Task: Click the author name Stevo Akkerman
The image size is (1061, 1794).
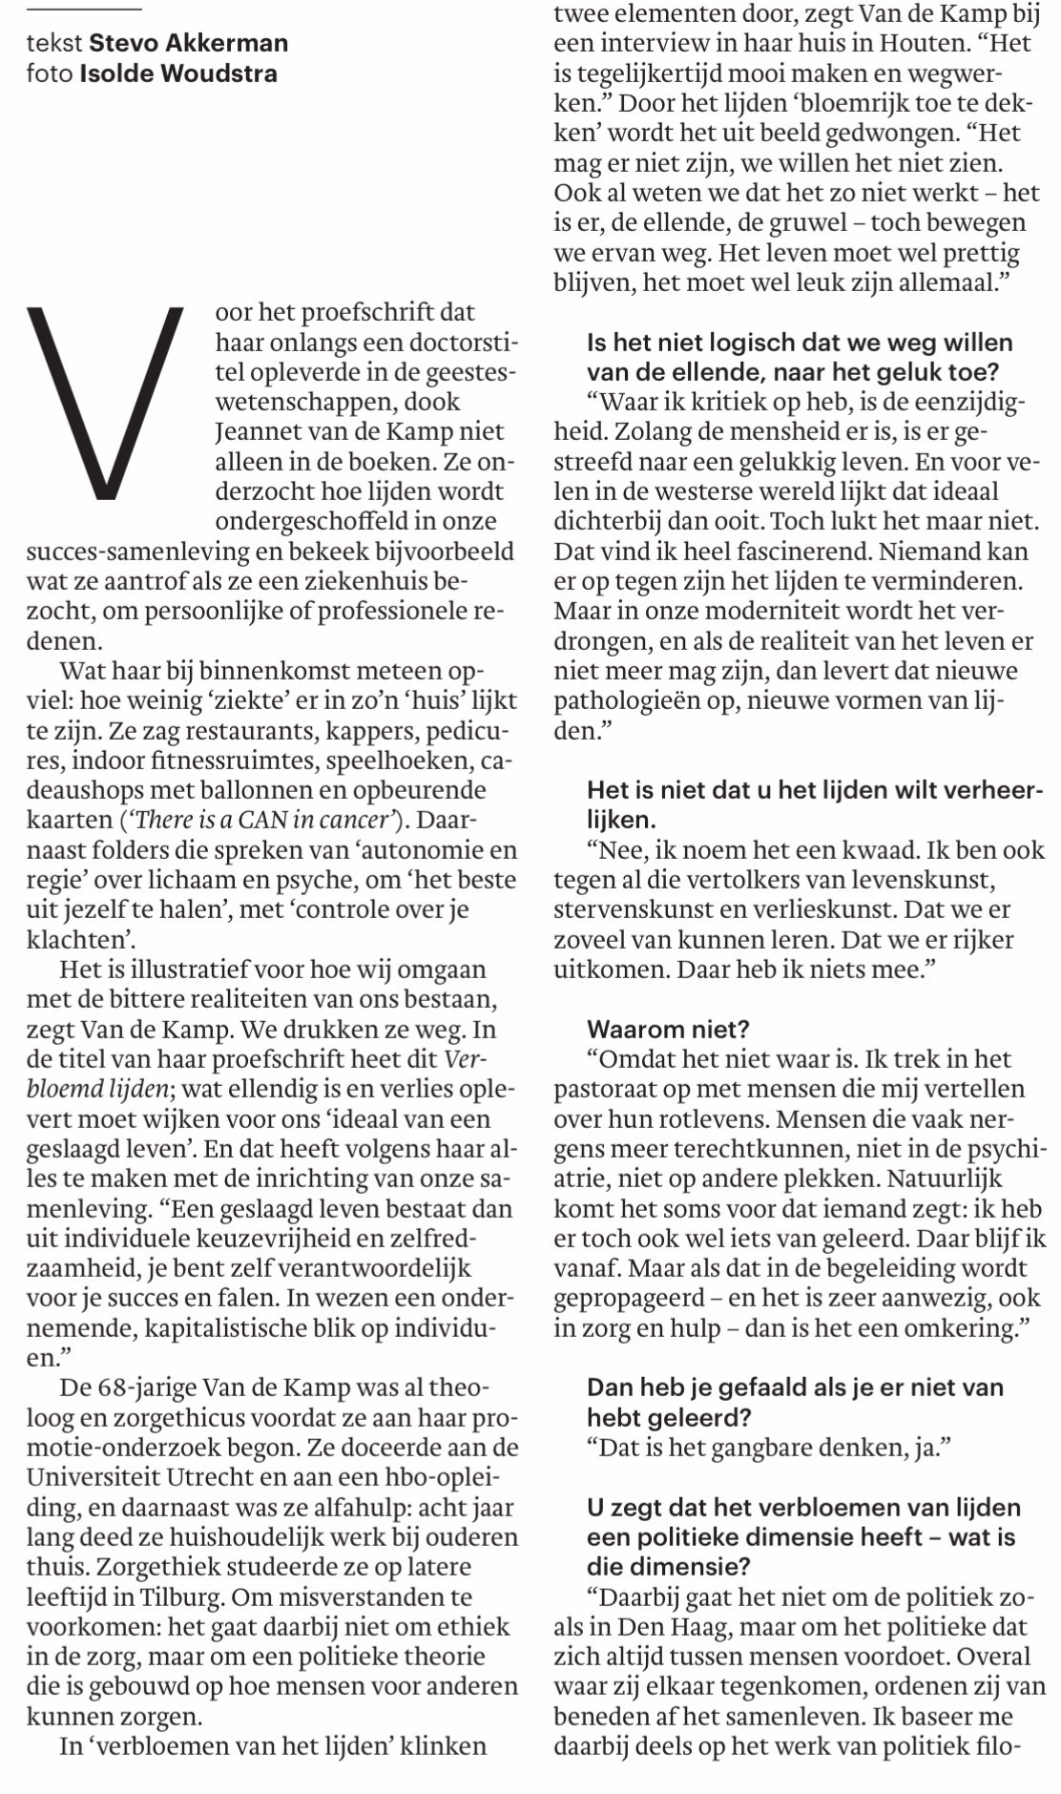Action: click(188, 43)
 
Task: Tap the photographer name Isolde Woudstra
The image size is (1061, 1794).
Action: click(178, 73)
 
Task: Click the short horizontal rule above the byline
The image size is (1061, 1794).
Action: click(84, 10)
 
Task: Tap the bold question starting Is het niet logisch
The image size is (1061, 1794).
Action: click(800, 357)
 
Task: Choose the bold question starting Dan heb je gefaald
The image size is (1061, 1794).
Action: click(795, 1401)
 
